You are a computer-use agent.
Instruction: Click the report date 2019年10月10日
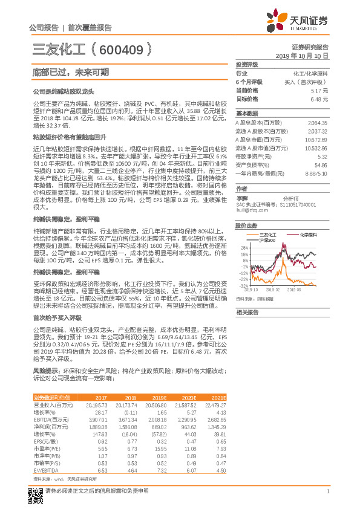(306, 55)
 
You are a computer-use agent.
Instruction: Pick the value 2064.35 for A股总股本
(317, 123)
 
